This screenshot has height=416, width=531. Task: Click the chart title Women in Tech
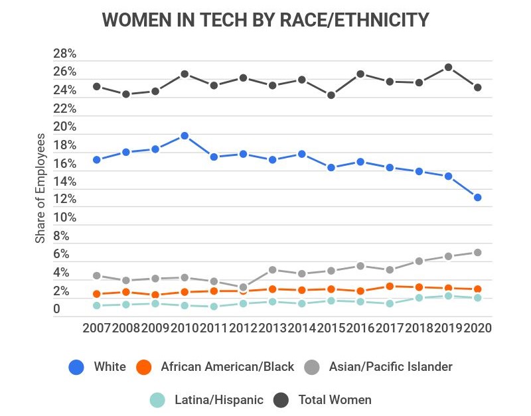click(x=265, y=20)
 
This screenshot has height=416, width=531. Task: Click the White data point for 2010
click(x=185, y=136)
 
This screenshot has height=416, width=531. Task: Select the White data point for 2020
click(x=478, y=197)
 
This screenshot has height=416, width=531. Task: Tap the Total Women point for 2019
click(x=448, y=67)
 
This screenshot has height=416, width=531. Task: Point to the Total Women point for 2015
click(x=331, y=95)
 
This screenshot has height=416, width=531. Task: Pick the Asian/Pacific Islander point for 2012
click(x=244, y=287)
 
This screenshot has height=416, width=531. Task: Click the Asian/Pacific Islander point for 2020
click(x=478, y=252)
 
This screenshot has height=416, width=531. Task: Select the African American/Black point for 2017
click(x=390, y=286)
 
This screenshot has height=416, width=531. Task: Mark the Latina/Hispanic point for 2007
click(x=97, y=305)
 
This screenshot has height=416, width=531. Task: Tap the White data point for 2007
click(x=97, y=159)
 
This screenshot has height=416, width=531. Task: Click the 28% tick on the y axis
click(x=65, y=54)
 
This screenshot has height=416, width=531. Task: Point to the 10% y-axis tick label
click(x=65, y=218)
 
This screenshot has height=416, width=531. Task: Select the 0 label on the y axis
click(x=56, y=309)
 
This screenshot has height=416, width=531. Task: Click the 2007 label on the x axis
click(x=97, y=328)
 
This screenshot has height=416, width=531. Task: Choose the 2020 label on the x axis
click(x=477, y=328)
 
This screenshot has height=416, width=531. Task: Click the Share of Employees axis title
click(x=41, y=188)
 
